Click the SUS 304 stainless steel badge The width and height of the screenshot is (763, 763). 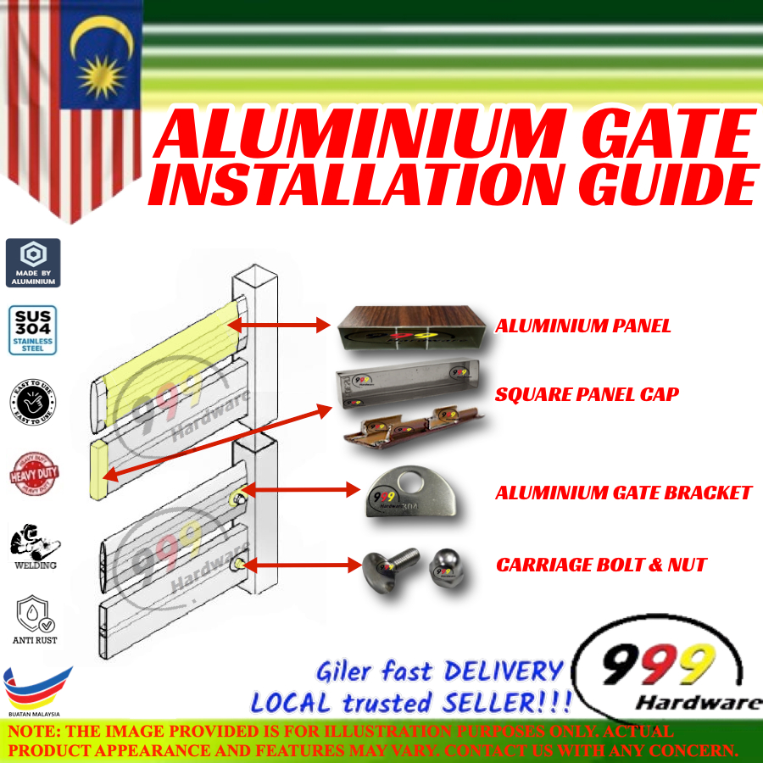point(33,330)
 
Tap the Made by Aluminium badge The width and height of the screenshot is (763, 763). point(33,263)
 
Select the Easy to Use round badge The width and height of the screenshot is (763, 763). point(33,403)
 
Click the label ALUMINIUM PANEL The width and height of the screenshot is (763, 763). point(583,326)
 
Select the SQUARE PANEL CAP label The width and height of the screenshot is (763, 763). point(587,394)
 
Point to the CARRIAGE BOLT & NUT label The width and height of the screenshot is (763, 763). point(601,565)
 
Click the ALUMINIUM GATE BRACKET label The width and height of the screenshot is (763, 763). point(623,493)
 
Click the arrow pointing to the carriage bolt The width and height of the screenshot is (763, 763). point(298,563)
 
